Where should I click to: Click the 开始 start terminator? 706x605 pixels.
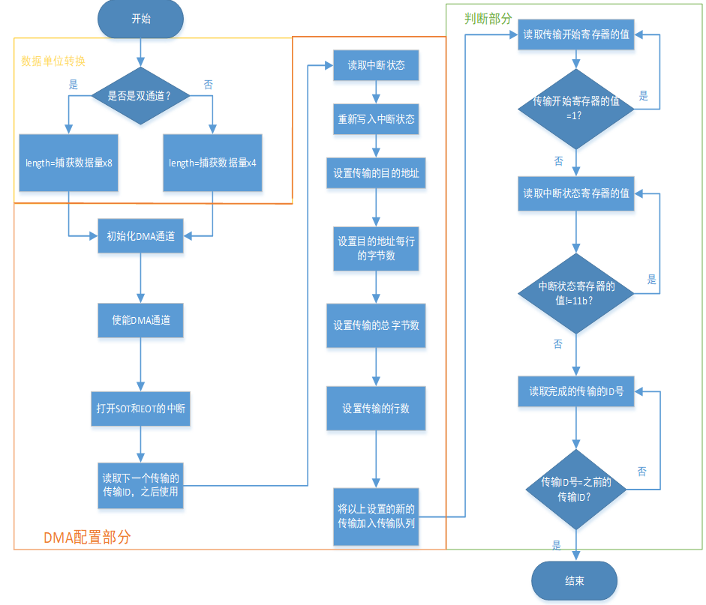point(140,19)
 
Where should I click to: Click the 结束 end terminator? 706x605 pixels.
point(574,581)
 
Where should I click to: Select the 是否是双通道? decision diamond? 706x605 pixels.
point(140,97)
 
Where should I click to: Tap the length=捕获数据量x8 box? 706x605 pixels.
point(68,163)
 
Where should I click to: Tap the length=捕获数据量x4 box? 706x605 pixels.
point(212,163)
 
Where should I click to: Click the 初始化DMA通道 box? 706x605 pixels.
point(140,236)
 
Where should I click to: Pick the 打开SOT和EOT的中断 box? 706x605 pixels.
point(140,409)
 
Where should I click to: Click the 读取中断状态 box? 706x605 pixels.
point(376,65)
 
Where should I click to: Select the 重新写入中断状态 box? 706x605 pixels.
point(376,119)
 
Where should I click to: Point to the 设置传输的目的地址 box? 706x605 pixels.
point(376,173)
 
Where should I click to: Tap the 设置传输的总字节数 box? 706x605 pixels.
point(376,325)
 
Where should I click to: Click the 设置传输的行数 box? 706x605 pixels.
point(376,409)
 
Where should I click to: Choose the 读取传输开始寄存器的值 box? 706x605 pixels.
point(575,35)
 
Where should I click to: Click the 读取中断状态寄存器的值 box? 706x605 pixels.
point(575,193)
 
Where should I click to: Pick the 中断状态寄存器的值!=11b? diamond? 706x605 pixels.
point(575,293)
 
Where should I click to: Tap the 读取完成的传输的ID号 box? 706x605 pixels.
point(575,391)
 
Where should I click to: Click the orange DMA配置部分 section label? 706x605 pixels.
point(86,537)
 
